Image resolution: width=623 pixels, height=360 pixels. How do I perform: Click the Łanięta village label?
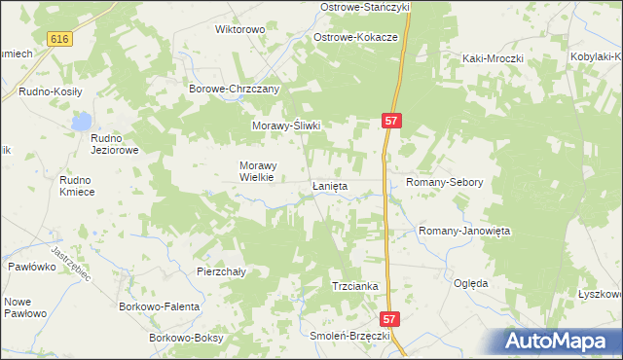[331, 185]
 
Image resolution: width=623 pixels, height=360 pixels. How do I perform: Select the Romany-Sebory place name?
[444, 182]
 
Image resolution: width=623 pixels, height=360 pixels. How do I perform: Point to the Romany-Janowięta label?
[464, 231]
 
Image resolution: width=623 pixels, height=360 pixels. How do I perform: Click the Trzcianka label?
[354, 287]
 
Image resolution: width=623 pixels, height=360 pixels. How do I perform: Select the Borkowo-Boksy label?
[186, 338]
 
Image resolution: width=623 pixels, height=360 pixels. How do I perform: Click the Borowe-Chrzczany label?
[234, 89]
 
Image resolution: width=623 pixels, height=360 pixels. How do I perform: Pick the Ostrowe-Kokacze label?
[355, 37]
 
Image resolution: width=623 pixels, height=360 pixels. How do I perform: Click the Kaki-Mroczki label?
[493, 58]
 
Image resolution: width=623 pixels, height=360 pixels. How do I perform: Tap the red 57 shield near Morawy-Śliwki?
[390, 120]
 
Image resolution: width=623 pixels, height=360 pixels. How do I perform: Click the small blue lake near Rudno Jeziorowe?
[82, 122]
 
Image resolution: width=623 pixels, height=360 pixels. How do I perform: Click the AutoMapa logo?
[559, 341]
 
